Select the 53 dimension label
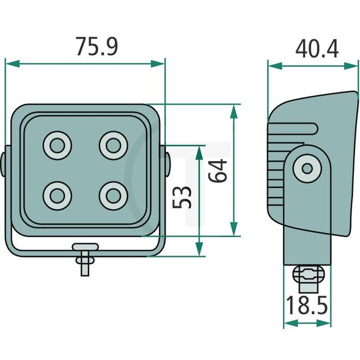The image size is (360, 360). pos(183,197)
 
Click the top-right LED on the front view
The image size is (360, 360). pos(114,146)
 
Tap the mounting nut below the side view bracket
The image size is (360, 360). pos(308,274)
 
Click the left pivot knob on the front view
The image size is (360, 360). pos(4,164)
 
